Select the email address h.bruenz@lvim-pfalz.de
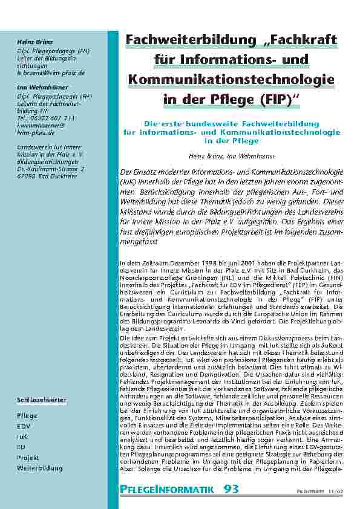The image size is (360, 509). (51, 73)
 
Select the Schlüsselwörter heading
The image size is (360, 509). (41, 401)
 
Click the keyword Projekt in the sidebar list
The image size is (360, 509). (28, 458)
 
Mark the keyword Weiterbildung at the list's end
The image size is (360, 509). (39, 468)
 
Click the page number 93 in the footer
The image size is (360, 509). (231, 488)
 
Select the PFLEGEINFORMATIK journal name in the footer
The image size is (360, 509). (167, 489)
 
